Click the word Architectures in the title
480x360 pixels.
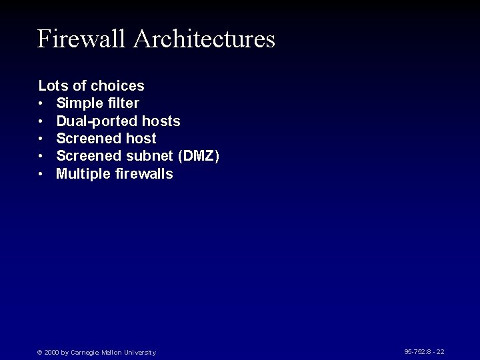204,39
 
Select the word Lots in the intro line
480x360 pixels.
51,86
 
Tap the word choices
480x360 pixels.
117,86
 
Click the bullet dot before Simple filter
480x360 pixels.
41,103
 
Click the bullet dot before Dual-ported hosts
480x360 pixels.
41,121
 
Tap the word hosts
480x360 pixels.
161,121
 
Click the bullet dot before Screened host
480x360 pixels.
41,139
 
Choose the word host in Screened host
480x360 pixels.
141,139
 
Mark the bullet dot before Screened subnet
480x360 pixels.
41,156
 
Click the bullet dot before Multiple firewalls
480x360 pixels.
41,174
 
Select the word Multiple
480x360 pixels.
82,174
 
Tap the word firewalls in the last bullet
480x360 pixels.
143,174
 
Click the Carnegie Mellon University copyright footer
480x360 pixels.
97,352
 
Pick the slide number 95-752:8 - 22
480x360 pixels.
424,351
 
